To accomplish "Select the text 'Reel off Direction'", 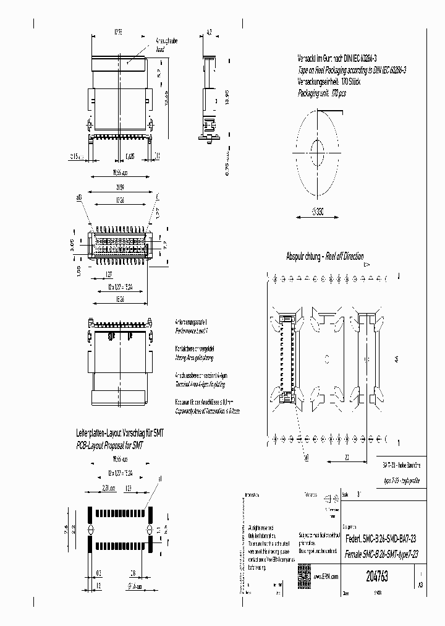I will point(341,257).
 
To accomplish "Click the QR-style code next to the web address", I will point(304,572).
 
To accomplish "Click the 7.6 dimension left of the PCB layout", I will point(67,529).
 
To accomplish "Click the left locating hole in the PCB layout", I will point(88,530).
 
